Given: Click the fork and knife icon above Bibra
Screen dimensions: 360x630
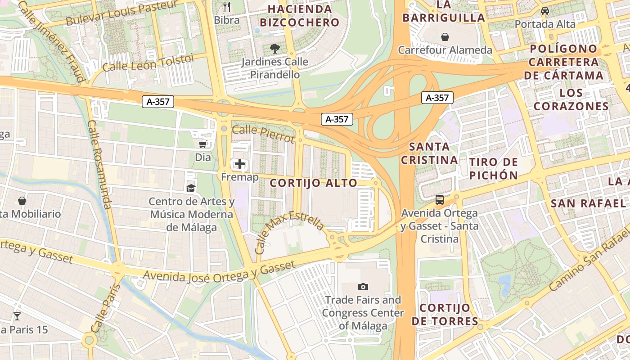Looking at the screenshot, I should click(x=227, y=6).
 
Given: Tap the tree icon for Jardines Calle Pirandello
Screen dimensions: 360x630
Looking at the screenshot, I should click(x=274, y=48).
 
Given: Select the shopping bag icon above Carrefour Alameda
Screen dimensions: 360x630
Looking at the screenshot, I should click(x=445, y=36).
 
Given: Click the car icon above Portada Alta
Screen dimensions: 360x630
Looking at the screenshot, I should click(x=545, y=10).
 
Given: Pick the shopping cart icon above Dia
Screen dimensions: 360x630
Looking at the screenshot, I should click(x=203, y=144).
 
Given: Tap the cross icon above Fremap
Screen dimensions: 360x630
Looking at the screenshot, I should click(x=240, y=164).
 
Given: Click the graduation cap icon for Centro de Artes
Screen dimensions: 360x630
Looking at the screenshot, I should click(x=191, y=188).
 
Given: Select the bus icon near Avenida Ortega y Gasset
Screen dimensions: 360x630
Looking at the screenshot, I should click(x=440, y=199).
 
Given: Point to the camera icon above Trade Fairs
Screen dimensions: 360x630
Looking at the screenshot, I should click(x=363, y=287).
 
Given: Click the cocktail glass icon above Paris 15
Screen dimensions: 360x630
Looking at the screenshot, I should click(x=17, y=316).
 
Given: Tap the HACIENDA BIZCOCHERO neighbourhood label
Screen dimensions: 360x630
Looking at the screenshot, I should click(x=300, y=16).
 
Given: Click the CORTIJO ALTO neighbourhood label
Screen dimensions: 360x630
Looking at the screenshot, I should click(x=314, y=183).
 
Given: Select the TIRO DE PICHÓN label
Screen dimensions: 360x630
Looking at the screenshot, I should click(x=494, y=169).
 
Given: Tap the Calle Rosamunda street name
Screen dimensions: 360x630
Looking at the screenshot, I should click(x=99, y=164).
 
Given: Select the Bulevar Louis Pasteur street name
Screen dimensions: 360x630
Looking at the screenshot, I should click(x=121, y=13).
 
